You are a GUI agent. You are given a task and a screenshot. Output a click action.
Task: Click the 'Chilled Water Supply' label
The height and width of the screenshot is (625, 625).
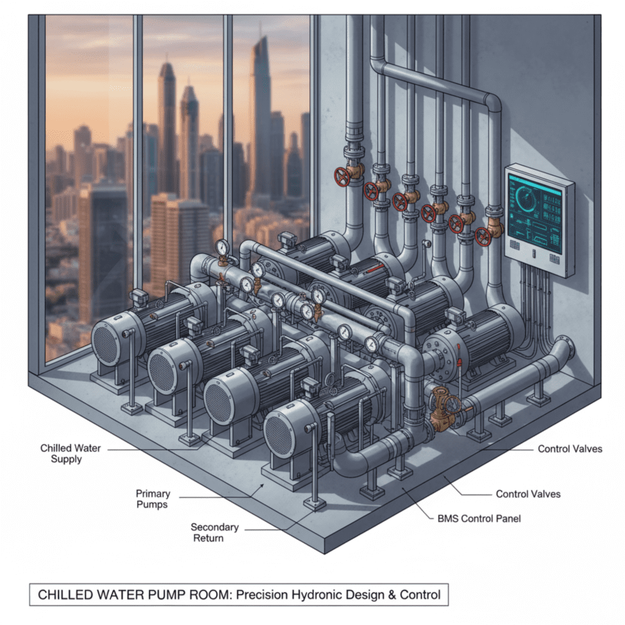click(70, 453)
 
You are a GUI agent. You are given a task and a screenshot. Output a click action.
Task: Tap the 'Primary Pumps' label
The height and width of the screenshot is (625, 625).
click(153, 499)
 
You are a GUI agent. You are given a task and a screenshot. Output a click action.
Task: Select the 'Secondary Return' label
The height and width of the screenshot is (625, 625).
click(214, 532)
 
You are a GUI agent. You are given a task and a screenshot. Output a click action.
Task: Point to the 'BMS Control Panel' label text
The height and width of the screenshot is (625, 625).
click(479, 519)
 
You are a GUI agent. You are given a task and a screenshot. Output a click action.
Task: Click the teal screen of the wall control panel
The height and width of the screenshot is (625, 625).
click(535, 214)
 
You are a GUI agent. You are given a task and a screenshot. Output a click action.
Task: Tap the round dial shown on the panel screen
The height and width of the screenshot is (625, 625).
click(528, 198)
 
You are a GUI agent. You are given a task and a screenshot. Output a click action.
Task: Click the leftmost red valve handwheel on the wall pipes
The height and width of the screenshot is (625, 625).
click(342, 176)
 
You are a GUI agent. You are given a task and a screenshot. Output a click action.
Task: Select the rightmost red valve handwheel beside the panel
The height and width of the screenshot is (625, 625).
click(482, 237)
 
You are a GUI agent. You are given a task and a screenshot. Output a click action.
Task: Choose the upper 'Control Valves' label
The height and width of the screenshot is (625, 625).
click(570, 449)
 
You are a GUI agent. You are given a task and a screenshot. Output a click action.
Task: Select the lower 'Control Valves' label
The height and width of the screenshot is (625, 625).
click(528, 494)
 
